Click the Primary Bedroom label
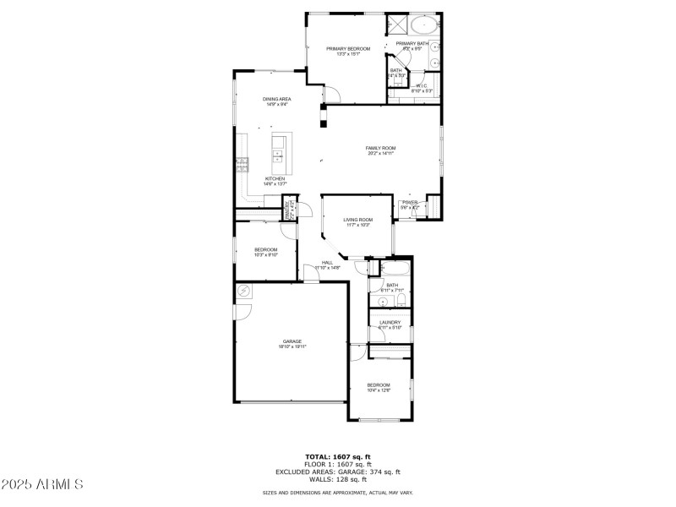348,49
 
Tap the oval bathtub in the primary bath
423,24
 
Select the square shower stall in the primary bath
397,24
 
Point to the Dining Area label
276,100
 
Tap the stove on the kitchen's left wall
243,164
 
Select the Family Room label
381,148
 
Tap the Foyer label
410,203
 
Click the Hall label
326,263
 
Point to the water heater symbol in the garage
245,292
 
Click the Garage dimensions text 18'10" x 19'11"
292,346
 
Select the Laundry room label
390,322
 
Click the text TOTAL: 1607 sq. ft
338,457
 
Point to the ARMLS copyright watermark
42,484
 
